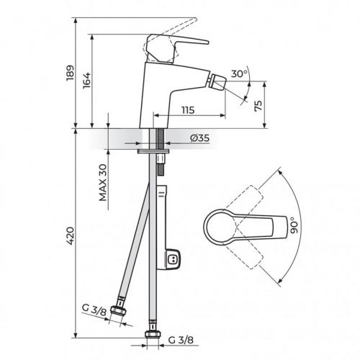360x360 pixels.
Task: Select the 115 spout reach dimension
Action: point(189,110)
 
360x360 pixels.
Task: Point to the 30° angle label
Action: point(239,73)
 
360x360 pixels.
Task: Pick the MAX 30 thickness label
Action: point(102,181)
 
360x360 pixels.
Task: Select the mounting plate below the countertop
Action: point(153,150)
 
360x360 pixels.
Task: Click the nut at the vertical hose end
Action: point(153,333)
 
